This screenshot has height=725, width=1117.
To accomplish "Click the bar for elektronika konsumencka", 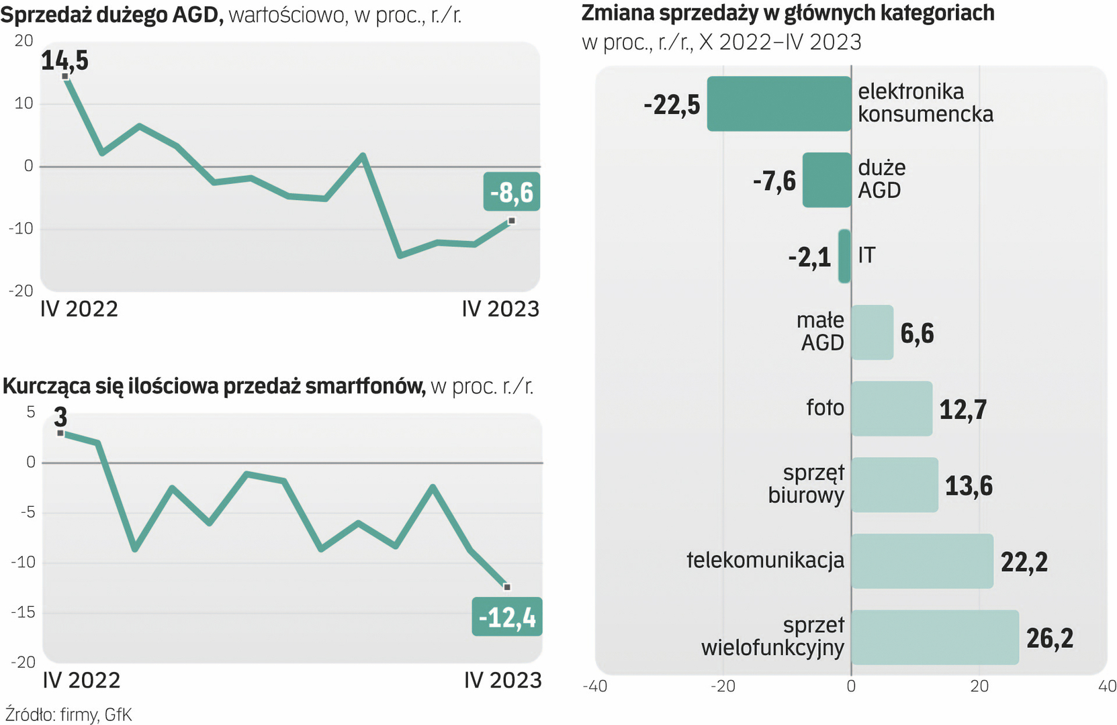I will (779, 103).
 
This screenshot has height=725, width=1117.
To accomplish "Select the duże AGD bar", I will (827, 180).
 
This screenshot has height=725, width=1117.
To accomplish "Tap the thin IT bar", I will (844, 256).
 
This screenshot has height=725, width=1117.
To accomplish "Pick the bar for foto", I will (891, 409).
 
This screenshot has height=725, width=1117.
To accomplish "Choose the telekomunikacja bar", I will (922, 561).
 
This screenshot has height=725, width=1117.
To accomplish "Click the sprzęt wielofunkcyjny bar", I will (934, 637).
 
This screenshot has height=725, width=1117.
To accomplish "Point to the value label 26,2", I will (1050, 638).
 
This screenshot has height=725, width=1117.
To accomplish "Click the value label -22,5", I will (672, 105).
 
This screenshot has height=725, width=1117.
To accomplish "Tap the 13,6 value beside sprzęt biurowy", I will (969, 485).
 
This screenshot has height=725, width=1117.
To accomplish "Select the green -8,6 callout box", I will (512, 192).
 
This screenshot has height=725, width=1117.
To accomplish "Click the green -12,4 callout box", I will (507, 617).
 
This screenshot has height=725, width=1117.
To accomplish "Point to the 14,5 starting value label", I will (64, 60).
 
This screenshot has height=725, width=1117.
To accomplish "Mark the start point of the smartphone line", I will (60, 434).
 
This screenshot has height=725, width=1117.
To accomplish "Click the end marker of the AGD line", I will (512, 221).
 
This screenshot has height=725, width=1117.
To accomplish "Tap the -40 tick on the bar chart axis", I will (594, 686).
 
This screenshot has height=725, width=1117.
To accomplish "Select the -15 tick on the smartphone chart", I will (23, 612).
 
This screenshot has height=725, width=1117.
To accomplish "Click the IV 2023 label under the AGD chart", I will (500, 309).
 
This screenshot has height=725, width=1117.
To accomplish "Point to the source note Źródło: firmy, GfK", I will (69, 714).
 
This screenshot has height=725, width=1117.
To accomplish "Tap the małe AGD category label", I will (820, 332).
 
